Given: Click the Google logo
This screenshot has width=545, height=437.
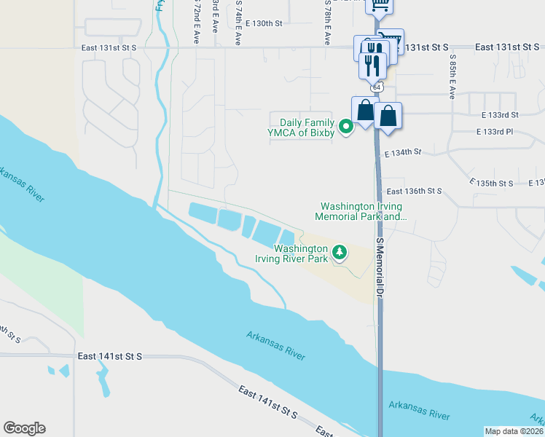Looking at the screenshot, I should (x=24, y=428).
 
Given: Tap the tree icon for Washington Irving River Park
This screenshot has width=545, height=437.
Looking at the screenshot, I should (x=339, y=253).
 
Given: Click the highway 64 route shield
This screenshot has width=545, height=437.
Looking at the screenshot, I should (x=376, y=87).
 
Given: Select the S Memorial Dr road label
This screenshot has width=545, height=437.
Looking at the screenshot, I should (x=380, y=266).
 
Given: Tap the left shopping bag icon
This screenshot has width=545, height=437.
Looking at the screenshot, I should (x=364, y=111).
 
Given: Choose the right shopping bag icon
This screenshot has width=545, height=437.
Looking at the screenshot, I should (x=388, y=117).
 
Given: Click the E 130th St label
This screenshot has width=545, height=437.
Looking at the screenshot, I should (x=263, y=24).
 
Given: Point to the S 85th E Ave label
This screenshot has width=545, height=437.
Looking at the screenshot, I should (x=452, y=76).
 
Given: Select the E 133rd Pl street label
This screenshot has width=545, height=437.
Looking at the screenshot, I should (x=495, y=132).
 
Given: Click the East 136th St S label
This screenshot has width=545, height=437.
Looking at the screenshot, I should (x=409, y=191).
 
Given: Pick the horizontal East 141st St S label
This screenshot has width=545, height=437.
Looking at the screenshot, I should (x=110, y=356).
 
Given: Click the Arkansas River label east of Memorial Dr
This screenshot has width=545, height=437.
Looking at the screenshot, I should (x=419, y=409).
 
